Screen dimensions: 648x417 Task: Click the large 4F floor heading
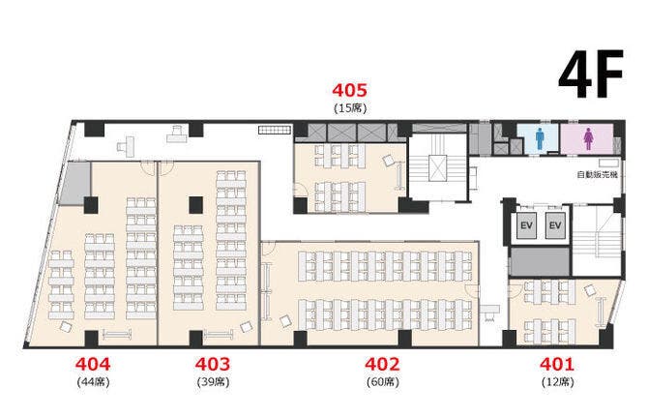591,74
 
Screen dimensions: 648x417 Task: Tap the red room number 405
349,90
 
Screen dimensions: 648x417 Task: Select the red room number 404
93,364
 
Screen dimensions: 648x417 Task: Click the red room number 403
213,364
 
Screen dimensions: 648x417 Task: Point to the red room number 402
382,364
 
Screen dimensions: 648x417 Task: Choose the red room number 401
557,364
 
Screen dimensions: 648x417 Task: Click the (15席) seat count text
350,108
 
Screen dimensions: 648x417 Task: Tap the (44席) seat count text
94,382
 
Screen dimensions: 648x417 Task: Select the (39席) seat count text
213,382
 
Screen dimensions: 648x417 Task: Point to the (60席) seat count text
383,382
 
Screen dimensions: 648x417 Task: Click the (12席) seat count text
557,382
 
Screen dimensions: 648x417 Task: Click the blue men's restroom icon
540,138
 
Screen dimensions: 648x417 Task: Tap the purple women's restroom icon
588,138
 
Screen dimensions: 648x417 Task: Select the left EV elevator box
526,225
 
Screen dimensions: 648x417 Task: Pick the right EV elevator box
555,225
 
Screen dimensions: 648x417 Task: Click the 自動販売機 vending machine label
597,175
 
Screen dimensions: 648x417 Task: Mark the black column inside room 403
196,205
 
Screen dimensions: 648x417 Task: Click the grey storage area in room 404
75,184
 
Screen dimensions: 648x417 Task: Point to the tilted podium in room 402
285,321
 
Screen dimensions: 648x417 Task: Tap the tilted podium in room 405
388,161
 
